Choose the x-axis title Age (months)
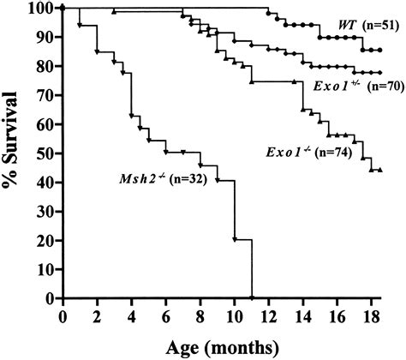click(x=217, y=348)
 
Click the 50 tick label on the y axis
click(x=45, y=153)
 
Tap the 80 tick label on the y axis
click(x=45, y=67)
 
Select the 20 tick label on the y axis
click(x=45, y=241)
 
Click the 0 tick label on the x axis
click(x=63, y=315)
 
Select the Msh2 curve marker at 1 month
click(x=80, y=25)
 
